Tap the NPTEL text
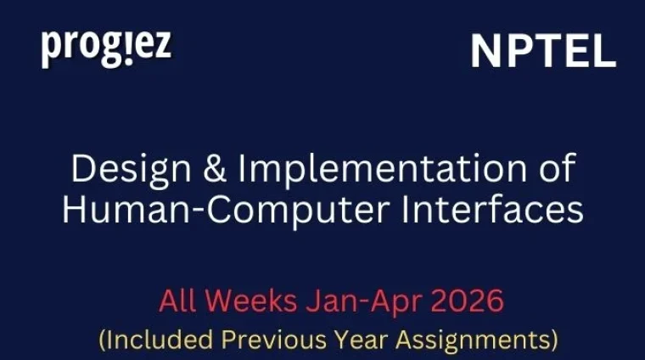(543, 53)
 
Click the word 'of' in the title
(552, 168)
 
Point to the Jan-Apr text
(356, 301)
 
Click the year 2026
(459, 301)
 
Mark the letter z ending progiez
(162, 48)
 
